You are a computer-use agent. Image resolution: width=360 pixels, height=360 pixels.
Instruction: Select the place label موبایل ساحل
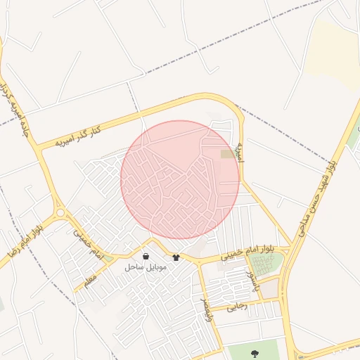[x=145, y=267]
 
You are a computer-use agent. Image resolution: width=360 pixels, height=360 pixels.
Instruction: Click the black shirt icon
[x=176, y=257]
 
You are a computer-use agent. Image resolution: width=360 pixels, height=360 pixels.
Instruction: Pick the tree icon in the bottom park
[x=254, y=352]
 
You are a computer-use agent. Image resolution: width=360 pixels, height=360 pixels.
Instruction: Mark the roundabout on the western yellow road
[x=60, y=212]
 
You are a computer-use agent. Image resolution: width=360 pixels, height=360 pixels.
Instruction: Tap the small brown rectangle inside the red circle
[x=229, y=153]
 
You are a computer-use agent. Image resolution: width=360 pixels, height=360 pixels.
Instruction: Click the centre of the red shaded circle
[x=180, y=179]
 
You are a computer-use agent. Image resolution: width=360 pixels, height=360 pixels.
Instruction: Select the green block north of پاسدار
[x=266, y=264]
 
